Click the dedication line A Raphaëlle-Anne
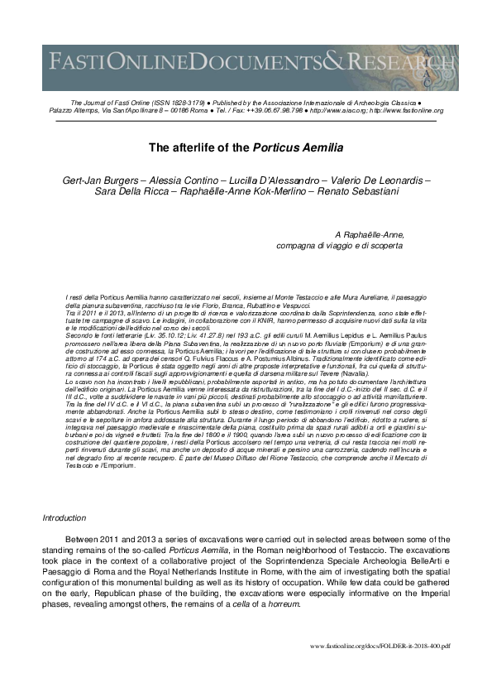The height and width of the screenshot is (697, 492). [369, 235]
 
